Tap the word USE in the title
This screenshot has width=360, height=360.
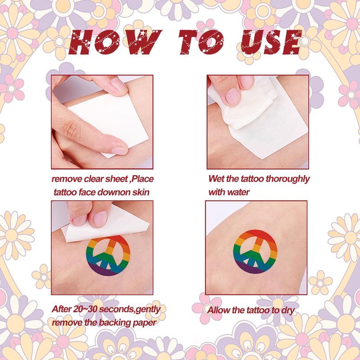coord(271,42)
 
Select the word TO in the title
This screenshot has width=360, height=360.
coord(200,42)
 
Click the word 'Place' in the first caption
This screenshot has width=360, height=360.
coord(143,179)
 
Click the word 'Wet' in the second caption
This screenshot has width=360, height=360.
coord(216,179)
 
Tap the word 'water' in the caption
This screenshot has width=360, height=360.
coord(238,192)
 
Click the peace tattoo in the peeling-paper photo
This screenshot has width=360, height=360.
coord(108,256)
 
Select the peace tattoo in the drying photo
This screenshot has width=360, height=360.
coord(255,252)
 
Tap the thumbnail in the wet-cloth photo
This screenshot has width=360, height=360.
coord(232,96)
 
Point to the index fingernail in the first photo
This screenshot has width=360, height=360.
coord(119,151)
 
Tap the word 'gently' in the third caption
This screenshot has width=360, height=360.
coord(148,310)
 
